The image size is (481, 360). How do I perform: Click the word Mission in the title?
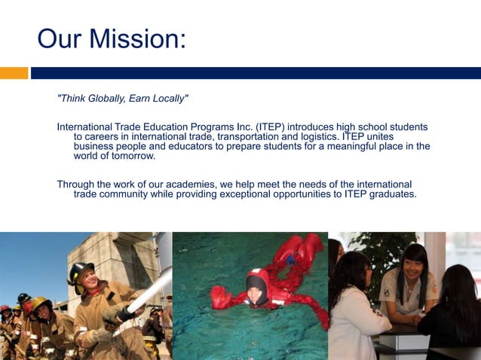pos(139,38)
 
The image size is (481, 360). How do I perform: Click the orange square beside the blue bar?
pos(14,73)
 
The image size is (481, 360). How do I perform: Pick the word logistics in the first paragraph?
pos(317,136)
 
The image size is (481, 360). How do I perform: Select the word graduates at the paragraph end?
pos(390,194)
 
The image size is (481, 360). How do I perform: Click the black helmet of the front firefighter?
pos(81,270)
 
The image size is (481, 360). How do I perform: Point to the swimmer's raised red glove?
pos(220,296)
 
